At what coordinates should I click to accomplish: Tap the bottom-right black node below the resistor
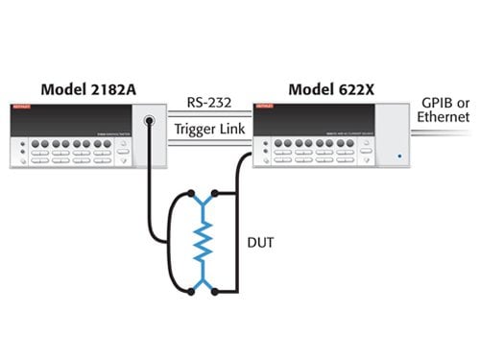tap(216, 290)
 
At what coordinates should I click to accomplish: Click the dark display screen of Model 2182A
tap(72, 123)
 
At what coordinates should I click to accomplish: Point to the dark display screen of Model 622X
tap(317, 122)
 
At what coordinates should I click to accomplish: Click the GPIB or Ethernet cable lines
tap(446, 135)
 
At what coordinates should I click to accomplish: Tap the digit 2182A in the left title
tap(110, 88)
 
